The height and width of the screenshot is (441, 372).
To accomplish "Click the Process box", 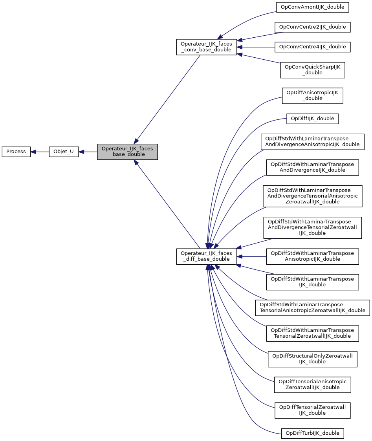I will [16, 152].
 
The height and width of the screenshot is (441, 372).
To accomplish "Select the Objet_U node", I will [64, 152].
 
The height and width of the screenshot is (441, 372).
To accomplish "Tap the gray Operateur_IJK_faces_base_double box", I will [127, 152].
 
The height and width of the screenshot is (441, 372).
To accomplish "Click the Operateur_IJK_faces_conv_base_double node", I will [206, 47].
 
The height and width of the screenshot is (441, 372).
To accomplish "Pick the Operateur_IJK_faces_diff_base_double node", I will [206, 256].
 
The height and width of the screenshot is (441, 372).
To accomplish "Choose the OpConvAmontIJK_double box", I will [312, 7].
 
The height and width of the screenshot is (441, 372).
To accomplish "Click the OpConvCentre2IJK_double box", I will [312, 27].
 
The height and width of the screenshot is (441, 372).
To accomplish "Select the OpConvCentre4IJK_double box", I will [312, 47].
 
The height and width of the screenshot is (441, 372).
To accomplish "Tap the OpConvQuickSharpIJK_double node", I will [312, 70].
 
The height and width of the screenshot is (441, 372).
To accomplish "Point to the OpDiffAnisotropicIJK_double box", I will [312, 95].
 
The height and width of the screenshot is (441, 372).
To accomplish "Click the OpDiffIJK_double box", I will [312, 118].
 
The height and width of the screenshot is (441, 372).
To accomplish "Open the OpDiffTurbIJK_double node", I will [312, 433].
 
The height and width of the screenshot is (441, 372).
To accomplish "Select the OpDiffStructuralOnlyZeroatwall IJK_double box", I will [312, 359].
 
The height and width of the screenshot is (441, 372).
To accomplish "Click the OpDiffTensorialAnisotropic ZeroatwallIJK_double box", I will [312, 384].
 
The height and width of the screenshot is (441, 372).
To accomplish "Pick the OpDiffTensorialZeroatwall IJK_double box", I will [312, 410].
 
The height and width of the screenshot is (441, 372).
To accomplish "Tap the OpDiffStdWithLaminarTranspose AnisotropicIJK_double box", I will [312, 256].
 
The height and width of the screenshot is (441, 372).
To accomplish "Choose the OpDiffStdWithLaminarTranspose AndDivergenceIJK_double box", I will [312, 167].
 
